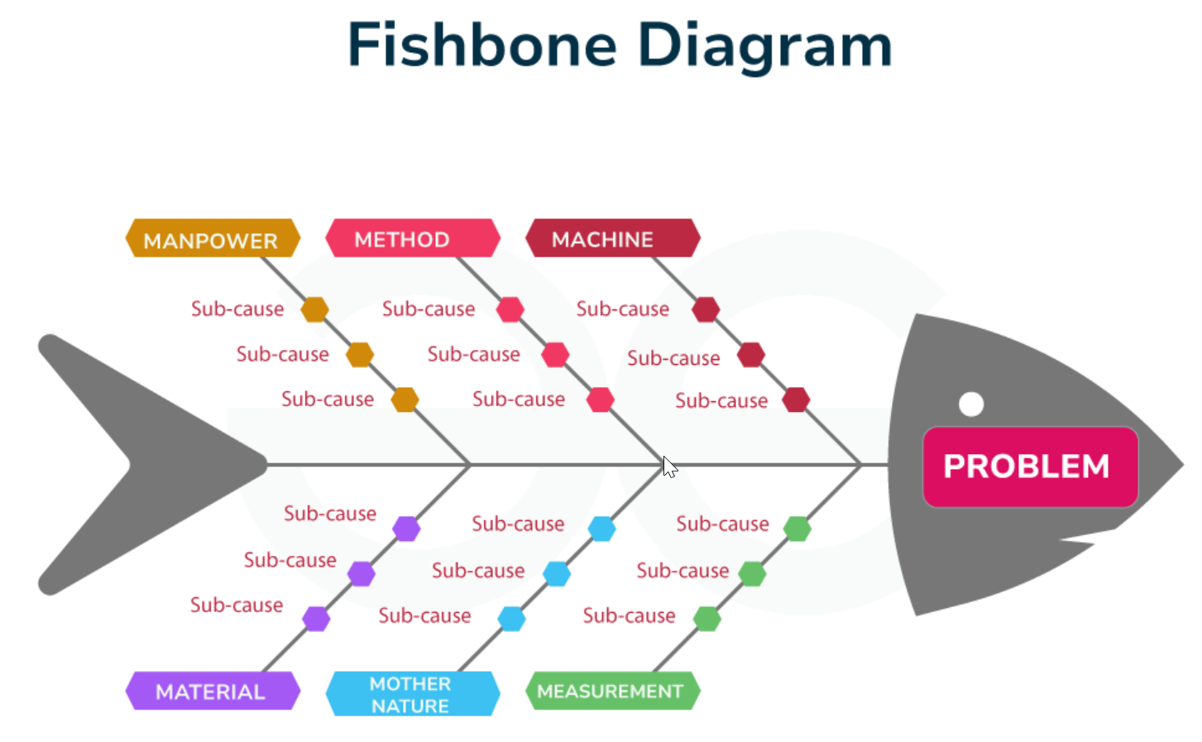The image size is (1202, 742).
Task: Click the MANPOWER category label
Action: [212, 239]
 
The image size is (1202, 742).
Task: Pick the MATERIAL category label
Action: [212, 691]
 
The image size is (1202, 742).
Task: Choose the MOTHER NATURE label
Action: [412, 694]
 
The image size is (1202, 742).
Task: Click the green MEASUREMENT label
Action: [612, 691]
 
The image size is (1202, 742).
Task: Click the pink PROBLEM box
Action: [1029, 467]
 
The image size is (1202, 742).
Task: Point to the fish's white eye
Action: [971, 405]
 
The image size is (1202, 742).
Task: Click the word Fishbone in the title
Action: [481, 45]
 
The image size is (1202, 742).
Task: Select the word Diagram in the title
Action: [765, 45]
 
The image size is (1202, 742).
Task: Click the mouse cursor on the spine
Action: [669, 467]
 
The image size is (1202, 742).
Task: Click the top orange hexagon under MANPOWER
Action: [314, 309]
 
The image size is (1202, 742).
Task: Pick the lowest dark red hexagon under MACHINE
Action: [796, 400]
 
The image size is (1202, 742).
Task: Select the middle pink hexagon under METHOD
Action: [555, 355]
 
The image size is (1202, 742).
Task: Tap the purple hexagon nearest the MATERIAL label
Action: [316, 619]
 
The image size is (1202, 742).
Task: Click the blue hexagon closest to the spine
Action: [601, 528]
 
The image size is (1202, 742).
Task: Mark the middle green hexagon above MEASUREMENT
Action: [752, 573]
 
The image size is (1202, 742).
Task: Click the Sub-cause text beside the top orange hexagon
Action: [237, 309]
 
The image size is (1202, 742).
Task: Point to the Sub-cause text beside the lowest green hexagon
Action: [629, 616]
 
